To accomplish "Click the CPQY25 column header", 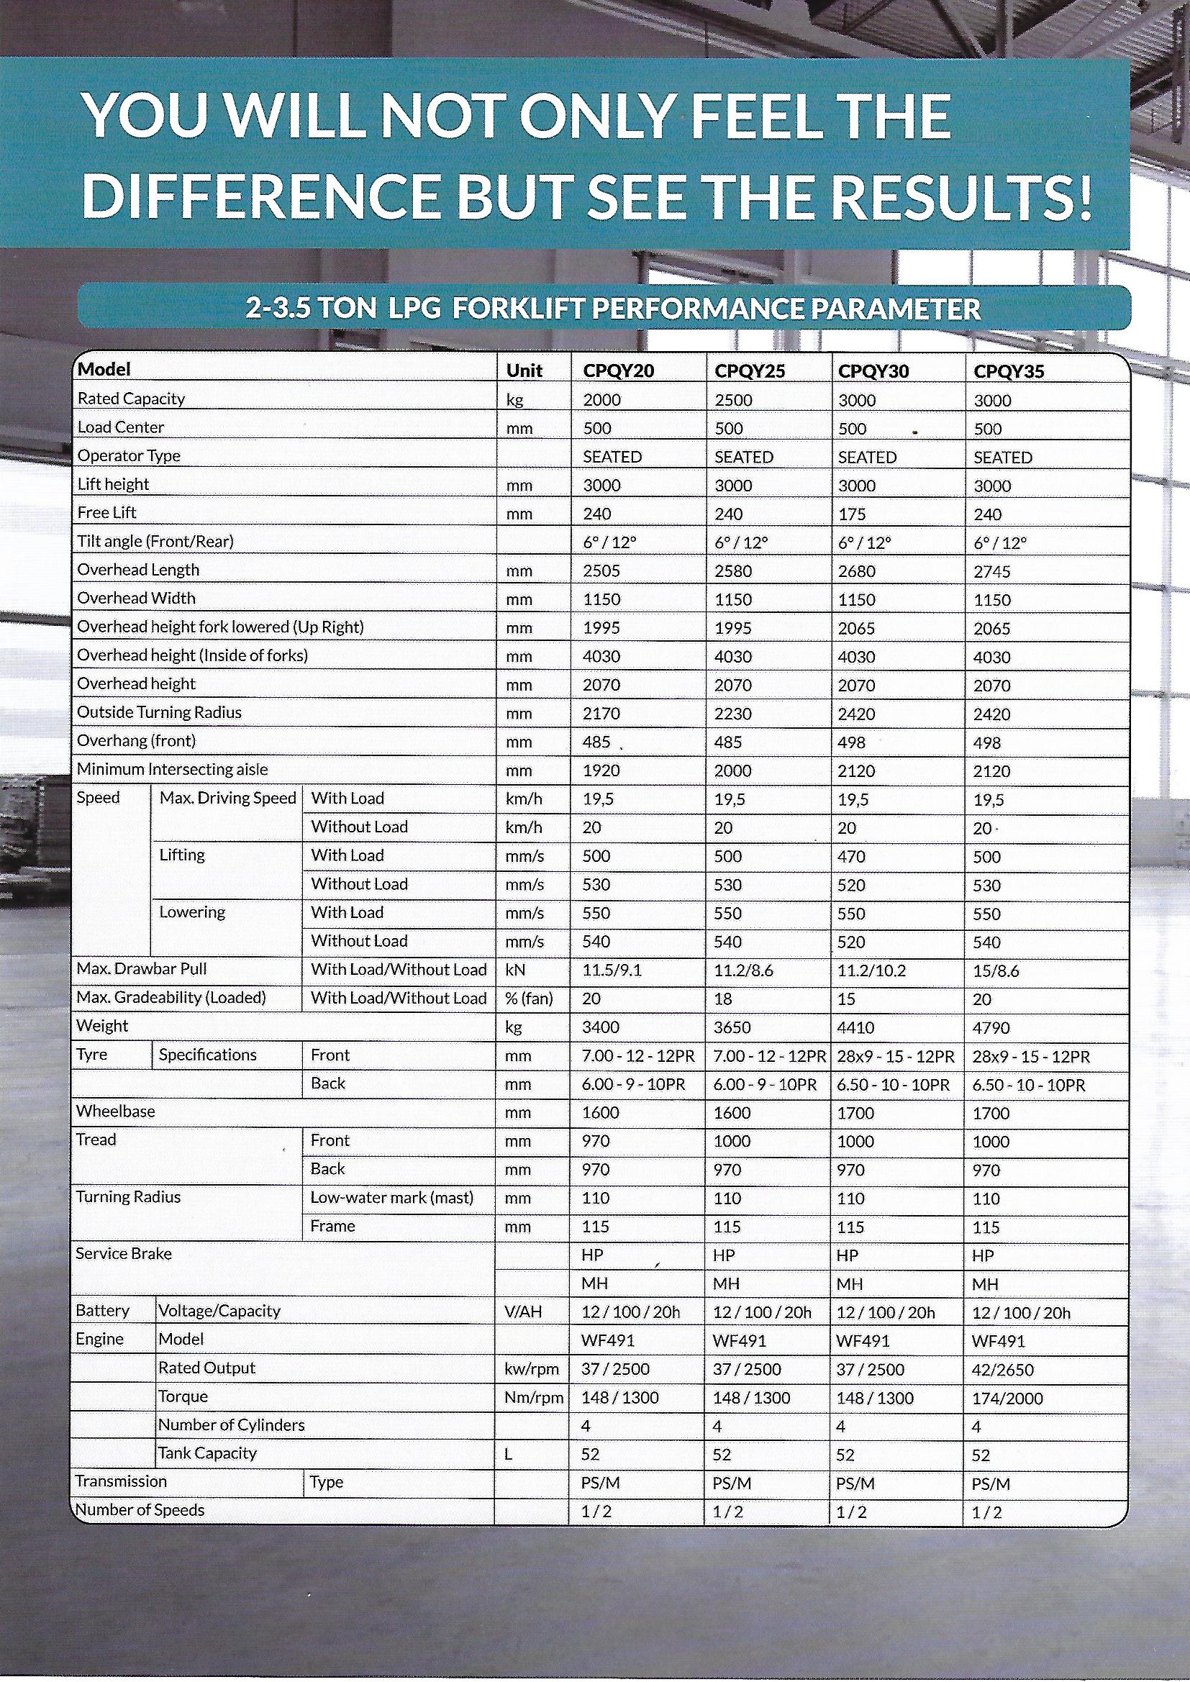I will [x=750, y=371].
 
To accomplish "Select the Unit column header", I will [x=524, y=371].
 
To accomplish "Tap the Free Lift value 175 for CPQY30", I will [x=852, y=514].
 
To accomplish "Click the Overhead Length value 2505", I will [x=601, y=571].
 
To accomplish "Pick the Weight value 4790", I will [x=991, y=1028].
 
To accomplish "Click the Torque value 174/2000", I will [x=1007, y=1399].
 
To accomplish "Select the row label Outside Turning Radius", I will [x=159, y=712].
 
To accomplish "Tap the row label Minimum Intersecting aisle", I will [x=172, y=769].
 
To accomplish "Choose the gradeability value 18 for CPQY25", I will [x=722, y=999].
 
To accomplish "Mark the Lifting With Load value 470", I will [x=851, y=856].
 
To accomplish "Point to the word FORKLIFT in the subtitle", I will [x=517, y=309].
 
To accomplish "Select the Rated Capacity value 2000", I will [x=601, y=400].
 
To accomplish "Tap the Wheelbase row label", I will [x=116, y=1112].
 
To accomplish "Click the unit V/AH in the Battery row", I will [x=523, y=1312].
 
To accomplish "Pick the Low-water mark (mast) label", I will [x=392, y=1198].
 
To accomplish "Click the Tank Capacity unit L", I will [x=508, y=1454].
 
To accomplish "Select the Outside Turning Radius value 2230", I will [x=733, y=714].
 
